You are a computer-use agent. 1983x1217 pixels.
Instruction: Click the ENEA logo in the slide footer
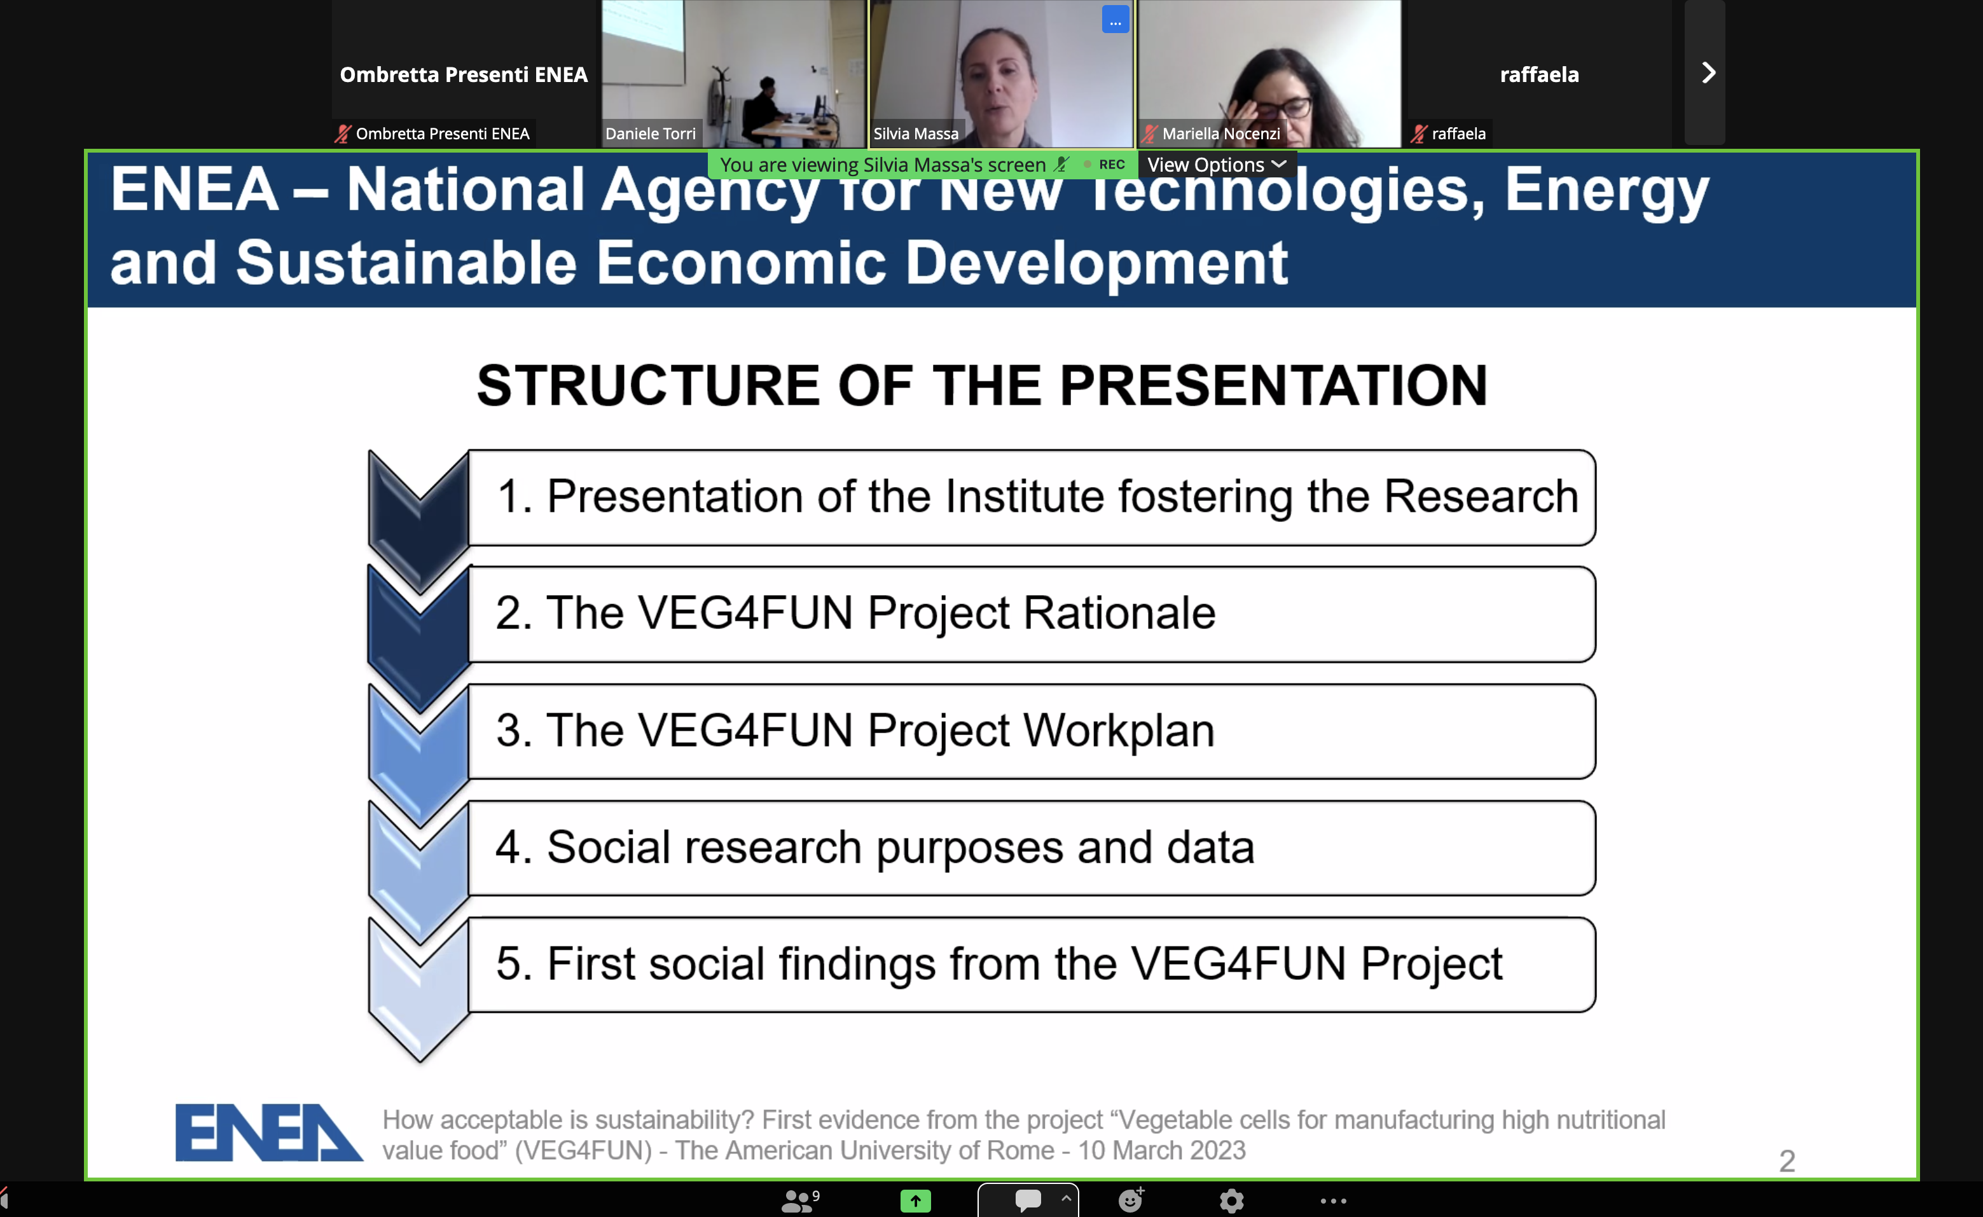269,1132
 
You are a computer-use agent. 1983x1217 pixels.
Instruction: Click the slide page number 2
1786,1160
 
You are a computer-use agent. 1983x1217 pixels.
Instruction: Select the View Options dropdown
1216,165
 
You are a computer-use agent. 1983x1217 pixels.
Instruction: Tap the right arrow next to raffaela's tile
1708,73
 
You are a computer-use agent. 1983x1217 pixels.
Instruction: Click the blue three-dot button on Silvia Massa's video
1115,20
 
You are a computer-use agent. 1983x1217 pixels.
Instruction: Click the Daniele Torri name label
651,134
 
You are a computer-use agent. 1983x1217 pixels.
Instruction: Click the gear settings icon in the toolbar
1231,1201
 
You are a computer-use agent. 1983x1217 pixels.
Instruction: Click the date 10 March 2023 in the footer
1162,1150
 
